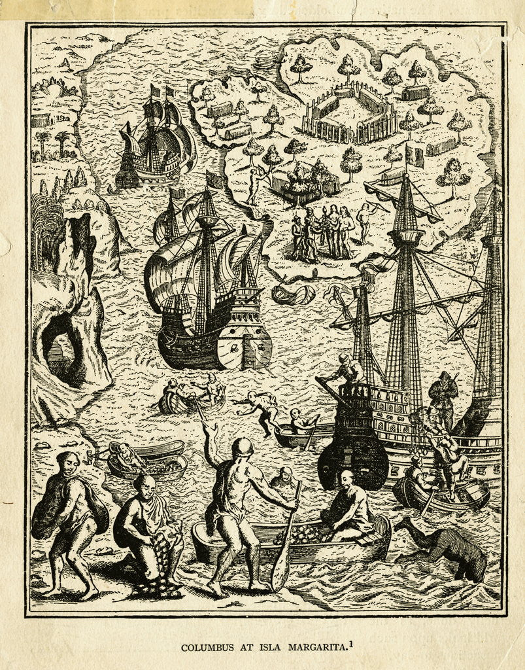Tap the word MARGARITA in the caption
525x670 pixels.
coord(313,648)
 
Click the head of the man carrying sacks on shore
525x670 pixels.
coord(67,463)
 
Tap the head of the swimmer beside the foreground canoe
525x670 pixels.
coord(284,475)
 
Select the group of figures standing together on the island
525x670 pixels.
coord(324,232)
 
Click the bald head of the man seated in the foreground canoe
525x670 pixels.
coord(346,476)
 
